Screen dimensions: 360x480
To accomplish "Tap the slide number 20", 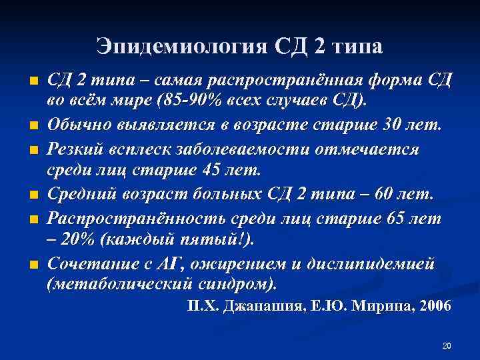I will (x=447, y=346).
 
